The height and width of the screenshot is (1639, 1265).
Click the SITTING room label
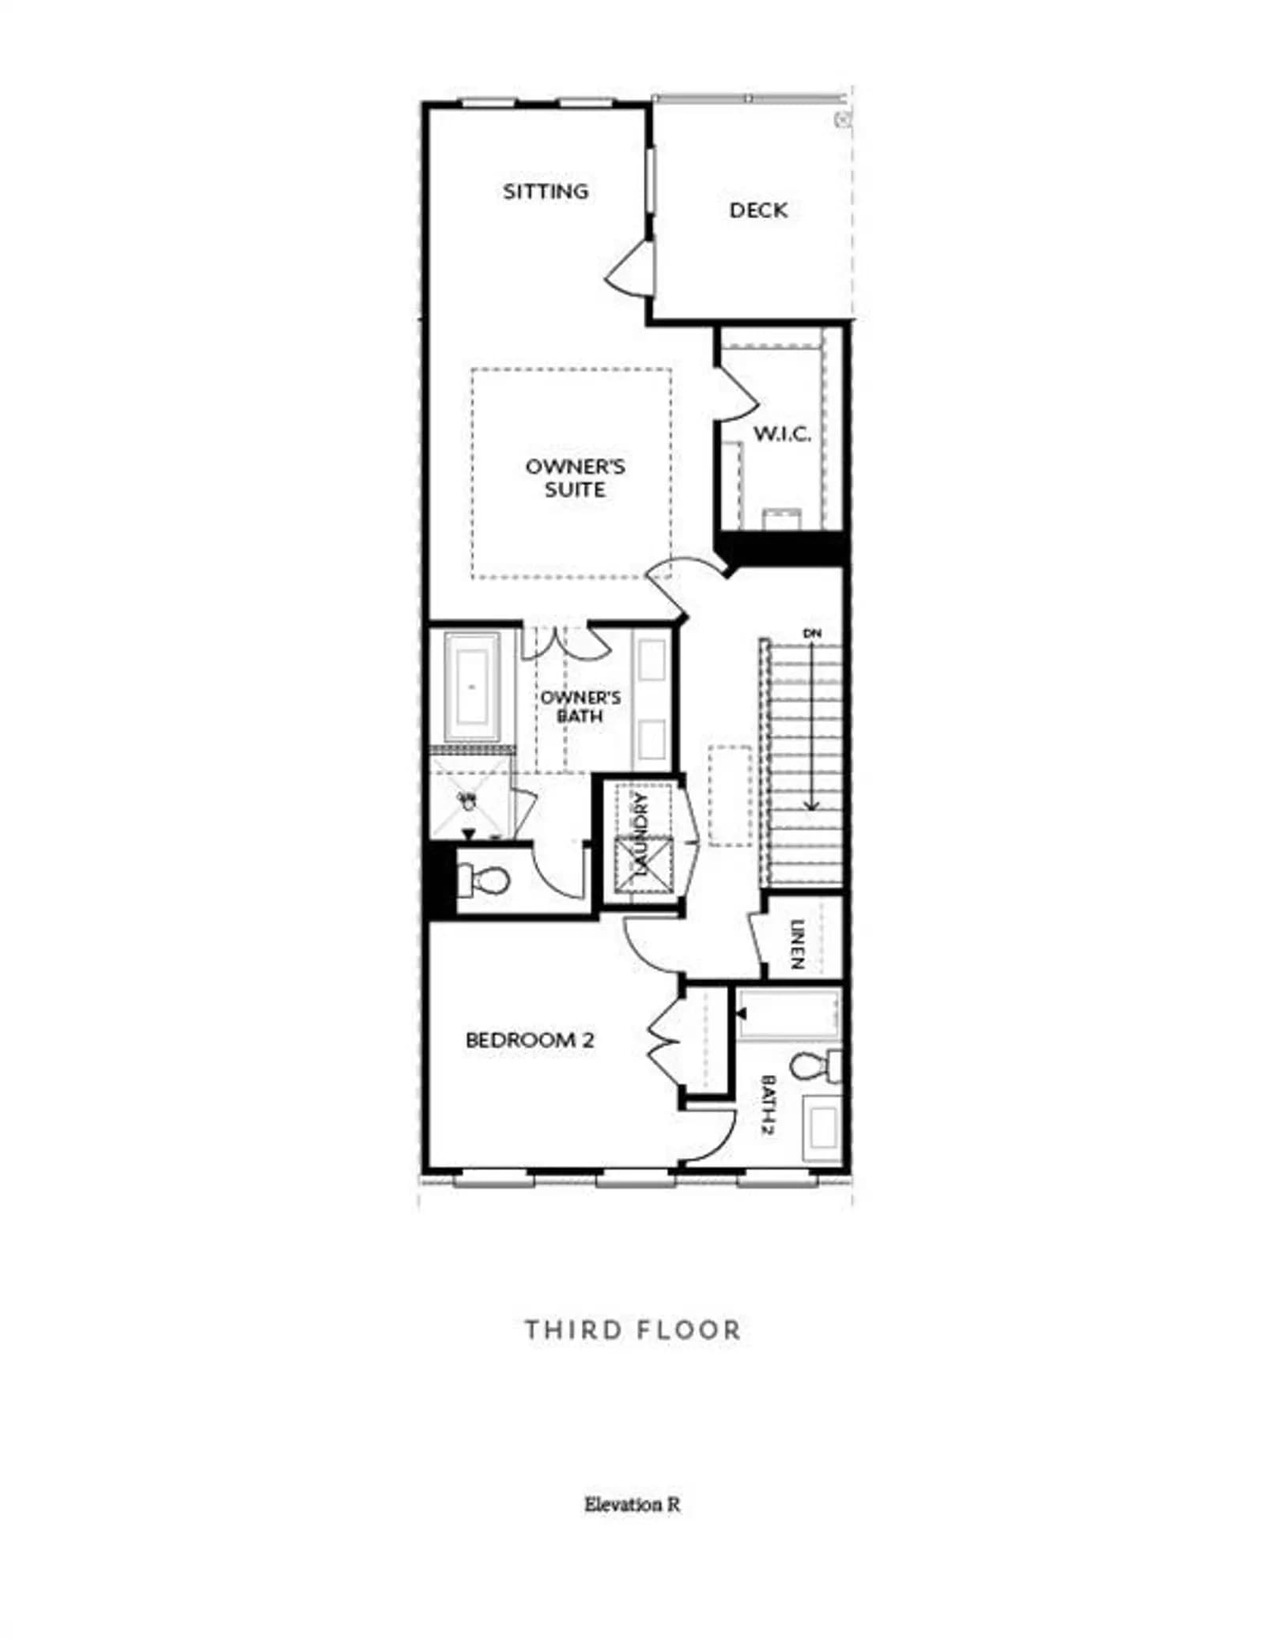click(x=546, y=191)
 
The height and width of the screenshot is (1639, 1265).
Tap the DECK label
click(x=758, y=210)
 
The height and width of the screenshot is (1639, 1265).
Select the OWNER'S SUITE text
click(x=575, y=478)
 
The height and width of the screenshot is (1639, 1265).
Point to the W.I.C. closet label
click(x=782, y=433)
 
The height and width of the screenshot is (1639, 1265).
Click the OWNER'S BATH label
click(x=580, y=706)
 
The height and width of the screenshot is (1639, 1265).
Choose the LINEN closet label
click(x=797, y=944)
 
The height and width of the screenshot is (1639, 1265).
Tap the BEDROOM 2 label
click(x=530, y=1040)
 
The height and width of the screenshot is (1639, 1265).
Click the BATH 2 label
click(x=767, y=1105)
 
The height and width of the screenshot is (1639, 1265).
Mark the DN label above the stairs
click(x=812, y=633)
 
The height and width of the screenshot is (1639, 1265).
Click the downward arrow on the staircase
click(x=812, y=725)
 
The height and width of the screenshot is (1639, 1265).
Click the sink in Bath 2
click(x=822, y=1127)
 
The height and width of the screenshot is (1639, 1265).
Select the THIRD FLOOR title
click(x=632, y=1330)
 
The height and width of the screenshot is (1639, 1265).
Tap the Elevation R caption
click(x=632, y=1504)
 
